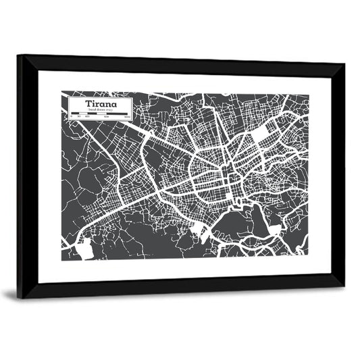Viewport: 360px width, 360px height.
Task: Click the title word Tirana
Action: pyautogui.click(x=100, y=104)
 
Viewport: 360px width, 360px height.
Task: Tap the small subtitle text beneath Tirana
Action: pyautogui.click(x=100, y=111)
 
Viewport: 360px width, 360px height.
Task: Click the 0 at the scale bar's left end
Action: pyautogui.click(x=71, y=119)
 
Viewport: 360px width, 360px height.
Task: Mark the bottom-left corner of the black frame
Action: pyautogui.click(x=20, y=297)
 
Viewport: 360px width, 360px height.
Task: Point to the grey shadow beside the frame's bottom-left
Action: pyautogui.click(x=9, y=294)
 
